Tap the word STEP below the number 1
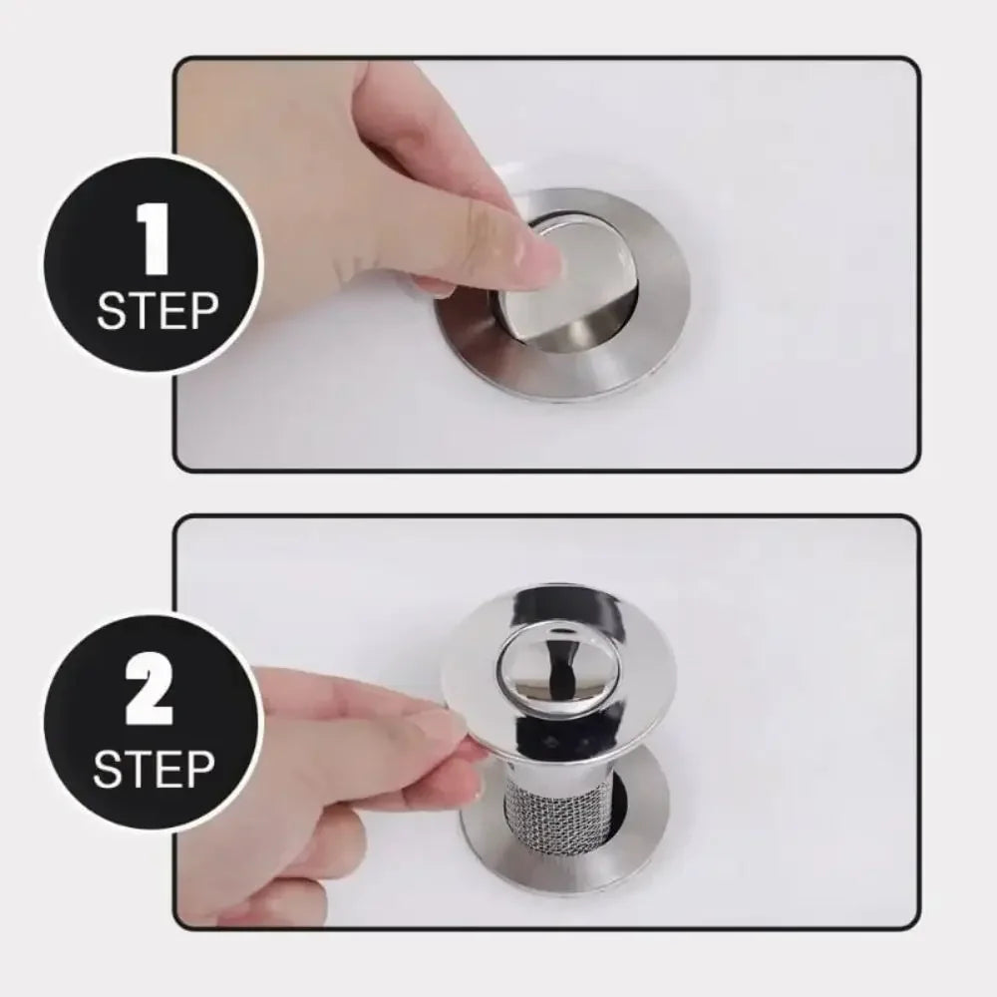[157, 311]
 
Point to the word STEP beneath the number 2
[155, 769]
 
